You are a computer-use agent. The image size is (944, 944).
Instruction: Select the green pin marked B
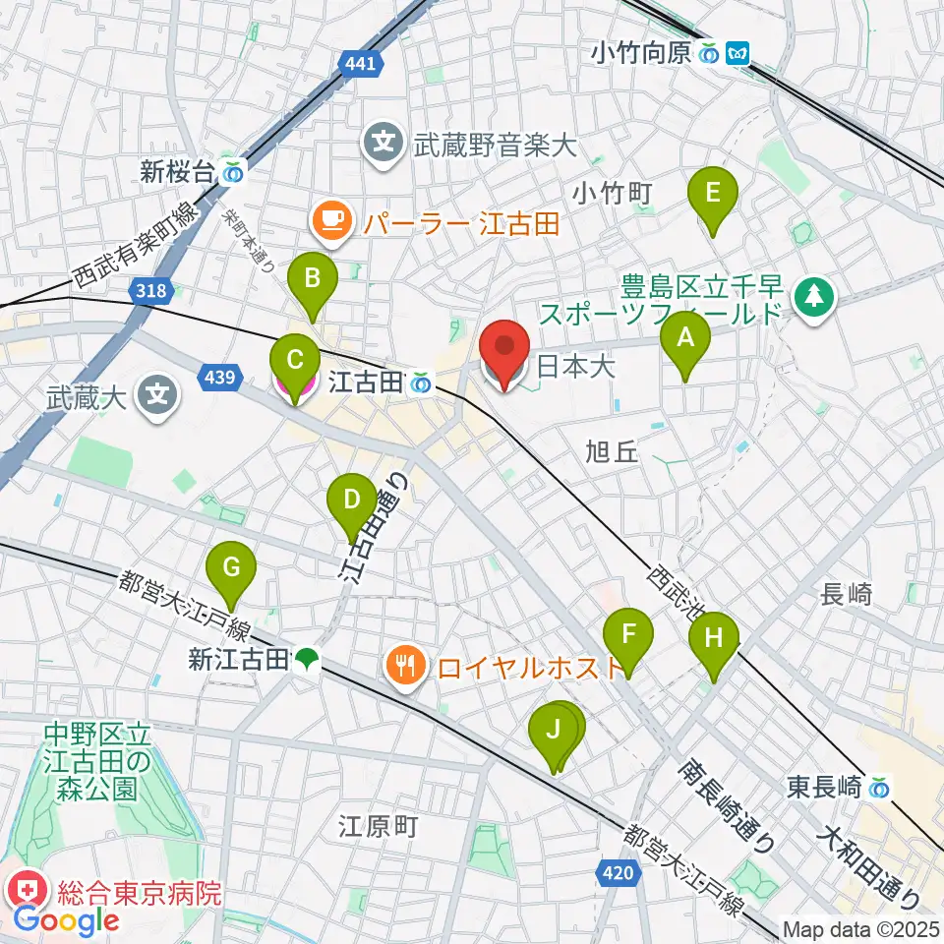312,278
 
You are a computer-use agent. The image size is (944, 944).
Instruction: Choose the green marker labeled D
352,499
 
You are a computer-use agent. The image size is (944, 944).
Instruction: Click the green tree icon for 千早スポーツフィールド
814,292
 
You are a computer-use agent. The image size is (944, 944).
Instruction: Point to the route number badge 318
151,290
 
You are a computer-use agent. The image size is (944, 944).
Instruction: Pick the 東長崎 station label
824,787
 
